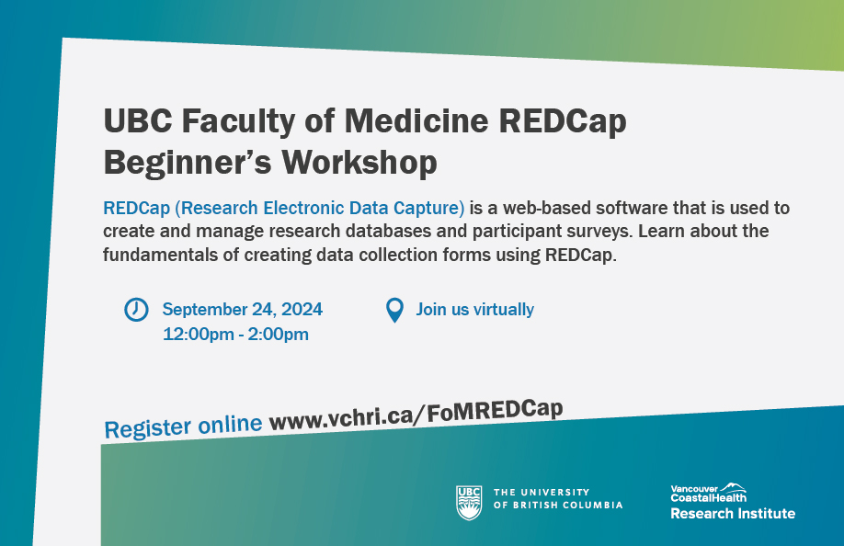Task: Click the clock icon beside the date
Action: (136, 310)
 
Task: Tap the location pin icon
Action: (394, 310)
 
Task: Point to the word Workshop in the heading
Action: (358, 162)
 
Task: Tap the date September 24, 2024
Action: (243, 310)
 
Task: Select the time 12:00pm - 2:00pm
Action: (235, 334)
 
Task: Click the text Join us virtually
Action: (474, 310)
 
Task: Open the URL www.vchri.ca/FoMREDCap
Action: (416, 415)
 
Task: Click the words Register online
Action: (184, 427)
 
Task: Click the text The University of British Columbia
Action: (558, 498)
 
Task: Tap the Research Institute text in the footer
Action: (733, 513)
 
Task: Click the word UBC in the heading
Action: (137, 121)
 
